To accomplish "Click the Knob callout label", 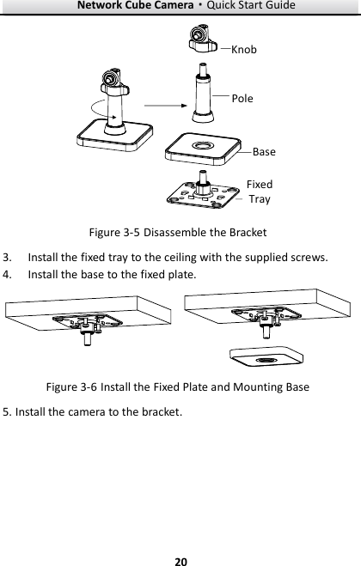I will pyautogui.click(x=244, y=50).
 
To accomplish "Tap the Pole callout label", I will pyautogui.click(x=242, y=98).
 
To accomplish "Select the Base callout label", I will pyautogui.click(x=264, y=152).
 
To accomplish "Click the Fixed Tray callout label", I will pyautogui.click(x=259, y=192).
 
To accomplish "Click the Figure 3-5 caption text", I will pyautogui.click(x=180, y=233).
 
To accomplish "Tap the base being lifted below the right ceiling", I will pyautogui.click(x=267, y=361).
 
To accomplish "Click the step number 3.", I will pyautogui.click(x=7, y=257).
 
